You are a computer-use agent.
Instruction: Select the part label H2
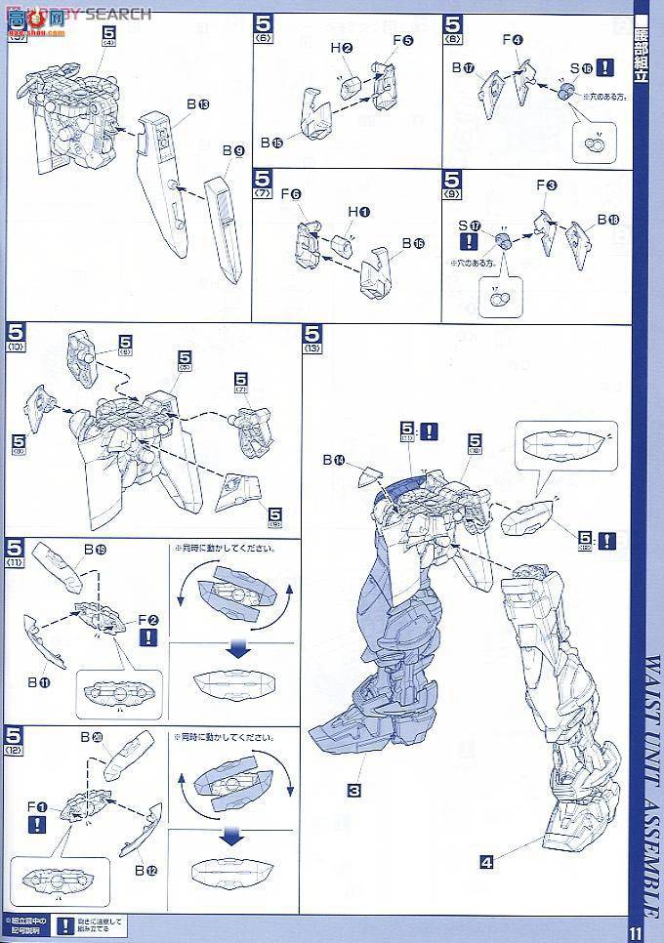coord(340,48)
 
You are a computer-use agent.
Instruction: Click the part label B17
coord(463,68)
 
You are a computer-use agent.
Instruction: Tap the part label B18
coord(608,220)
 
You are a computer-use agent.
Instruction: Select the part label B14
coord(334,460)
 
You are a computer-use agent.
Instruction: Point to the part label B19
coord(95,551)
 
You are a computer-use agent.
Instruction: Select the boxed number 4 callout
coord(485,861)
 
